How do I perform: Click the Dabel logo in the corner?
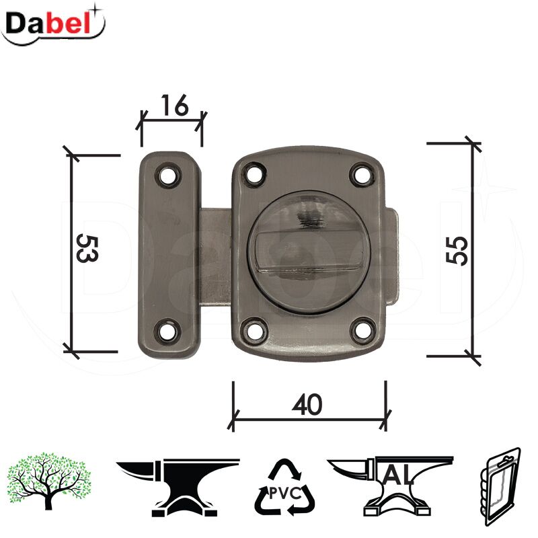(x=53, y=25)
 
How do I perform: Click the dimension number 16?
(x=175, y=105)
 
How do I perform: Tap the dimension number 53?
(x=87, y=248)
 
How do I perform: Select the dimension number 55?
(x=457, y=250)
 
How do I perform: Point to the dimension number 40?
(x=307, y=404)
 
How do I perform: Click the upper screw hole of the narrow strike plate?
(x=167, y=176)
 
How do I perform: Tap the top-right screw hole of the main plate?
(x=362, y=175)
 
